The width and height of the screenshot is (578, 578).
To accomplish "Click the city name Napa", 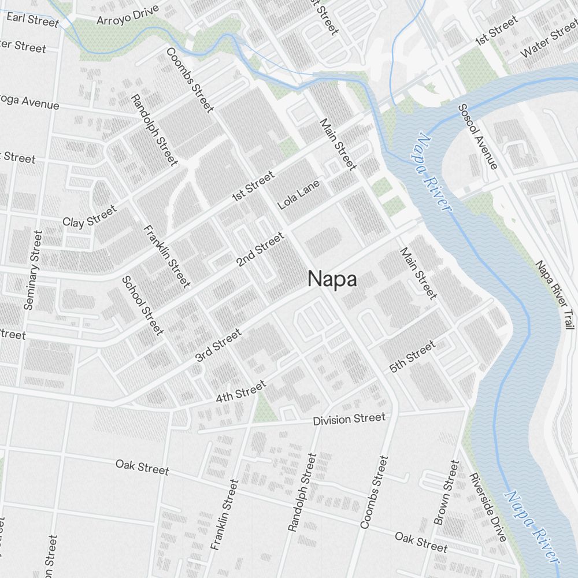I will (x=332, y=279).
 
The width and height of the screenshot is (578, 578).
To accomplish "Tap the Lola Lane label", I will (x=298, y=195).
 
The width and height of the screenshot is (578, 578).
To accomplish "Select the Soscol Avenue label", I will (x=477, y=136).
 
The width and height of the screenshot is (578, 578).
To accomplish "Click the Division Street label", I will (x=349, y=419).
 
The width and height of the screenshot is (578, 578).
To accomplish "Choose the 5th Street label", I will (x=412, y=357).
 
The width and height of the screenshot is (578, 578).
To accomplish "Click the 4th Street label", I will (x=240, y=391).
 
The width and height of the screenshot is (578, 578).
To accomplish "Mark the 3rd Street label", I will (x=218, y=346).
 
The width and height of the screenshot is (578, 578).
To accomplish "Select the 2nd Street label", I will (x=261, y=249).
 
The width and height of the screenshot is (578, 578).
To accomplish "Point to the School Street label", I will (x=142, y=305).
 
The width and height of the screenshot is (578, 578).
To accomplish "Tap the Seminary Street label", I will (x=33, y=270).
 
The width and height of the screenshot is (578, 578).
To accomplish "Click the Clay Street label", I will (x=89, y=216).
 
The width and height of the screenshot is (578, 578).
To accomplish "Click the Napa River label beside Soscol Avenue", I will (x=433, y=172).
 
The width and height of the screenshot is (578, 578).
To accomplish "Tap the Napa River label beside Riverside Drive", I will (x=532, y=527).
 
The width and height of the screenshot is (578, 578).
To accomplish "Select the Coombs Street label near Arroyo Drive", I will (x=190, y=80).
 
